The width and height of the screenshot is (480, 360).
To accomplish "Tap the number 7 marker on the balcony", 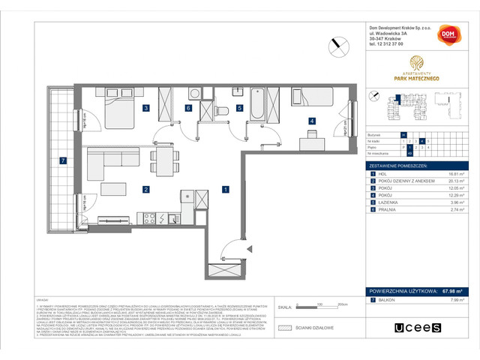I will pyautogui.click(x=64, y=160).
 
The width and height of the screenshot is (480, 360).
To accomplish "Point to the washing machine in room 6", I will pyautogui.click(x=195, y=95).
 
